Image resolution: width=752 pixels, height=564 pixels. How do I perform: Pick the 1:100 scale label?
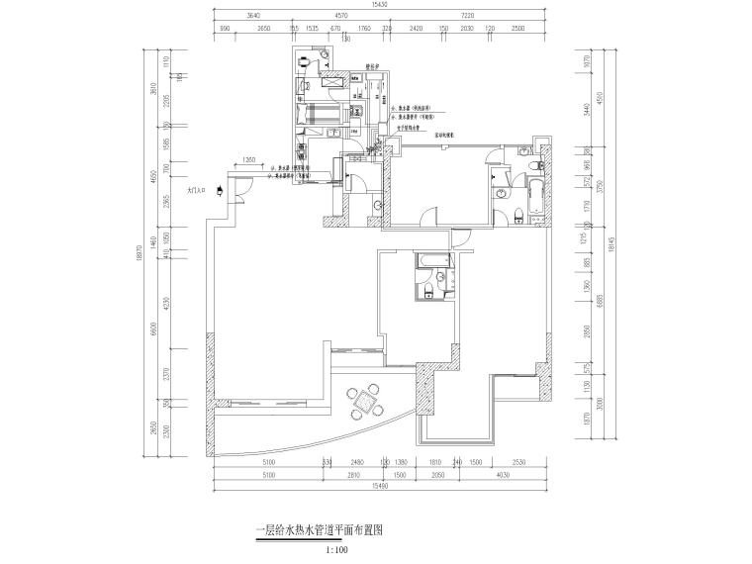coord(335,547)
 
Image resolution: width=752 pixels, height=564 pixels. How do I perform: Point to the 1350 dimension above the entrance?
coord(248,159)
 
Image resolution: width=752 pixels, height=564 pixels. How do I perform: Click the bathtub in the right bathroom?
coord(535,198)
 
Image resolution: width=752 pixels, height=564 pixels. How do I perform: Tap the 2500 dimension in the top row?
coord(517,30)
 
